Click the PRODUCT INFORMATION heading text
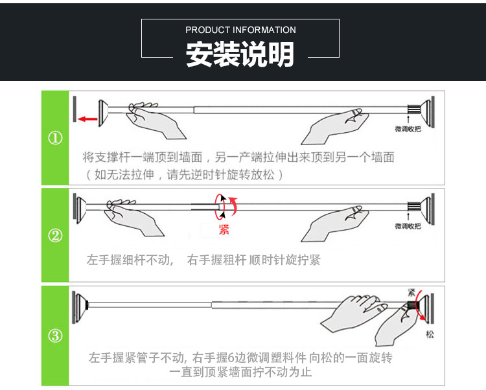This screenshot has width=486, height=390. (240, 30)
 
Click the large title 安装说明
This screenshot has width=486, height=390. (240, 54)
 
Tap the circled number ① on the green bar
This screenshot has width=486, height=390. (56, 138)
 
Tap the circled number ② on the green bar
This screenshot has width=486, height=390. (56, 235)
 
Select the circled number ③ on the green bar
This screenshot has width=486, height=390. (56, 336)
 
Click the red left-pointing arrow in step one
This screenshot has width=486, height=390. (87, 119)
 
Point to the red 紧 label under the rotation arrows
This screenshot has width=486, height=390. (224, 229)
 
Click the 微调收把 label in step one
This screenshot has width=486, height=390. (408, 129)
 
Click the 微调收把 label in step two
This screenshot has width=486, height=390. (408, 226)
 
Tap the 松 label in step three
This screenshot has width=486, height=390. (430, 334)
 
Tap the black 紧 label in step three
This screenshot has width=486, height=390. (411, 292)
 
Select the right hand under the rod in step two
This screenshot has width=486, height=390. (335, 223)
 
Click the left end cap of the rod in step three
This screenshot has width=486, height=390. (80, 306)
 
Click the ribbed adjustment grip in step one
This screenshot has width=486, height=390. (414, 109)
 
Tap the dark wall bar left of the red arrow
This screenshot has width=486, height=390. (75, 109)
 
